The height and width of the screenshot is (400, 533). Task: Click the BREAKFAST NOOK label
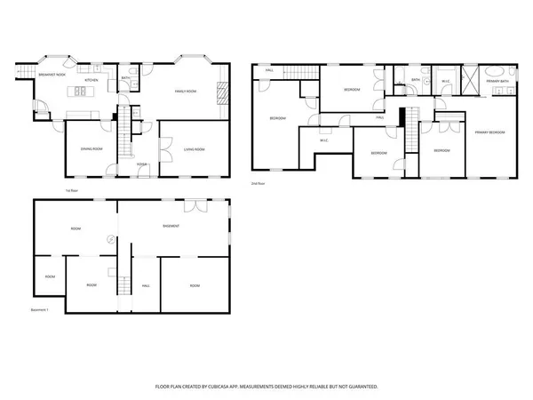(52, 75)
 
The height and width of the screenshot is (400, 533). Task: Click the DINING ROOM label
(92, 148)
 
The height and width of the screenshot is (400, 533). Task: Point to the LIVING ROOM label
(194, 148)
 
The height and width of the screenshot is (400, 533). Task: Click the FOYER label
(141, 164)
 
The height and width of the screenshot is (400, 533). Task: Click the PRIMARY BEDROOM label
(489, 132)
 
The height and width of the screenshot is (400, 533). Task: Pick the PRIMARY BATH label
(497, 82)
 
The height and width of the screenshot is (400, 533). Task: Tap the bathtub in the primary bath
(497, 70)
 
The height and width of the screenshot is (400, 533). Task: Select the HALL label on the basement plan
(146, 285)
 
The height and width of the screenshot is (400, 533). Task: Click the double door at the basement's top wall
(193, 205)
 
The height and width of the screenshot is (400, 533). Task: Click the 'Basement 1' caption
(39, 309)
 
